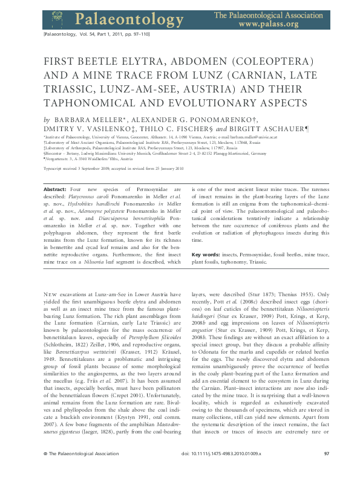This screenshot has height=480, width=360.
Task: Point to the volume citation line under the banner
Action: pos(91,37)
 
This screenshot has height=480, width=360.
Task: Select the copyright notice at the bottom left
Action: pos(71,470)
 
